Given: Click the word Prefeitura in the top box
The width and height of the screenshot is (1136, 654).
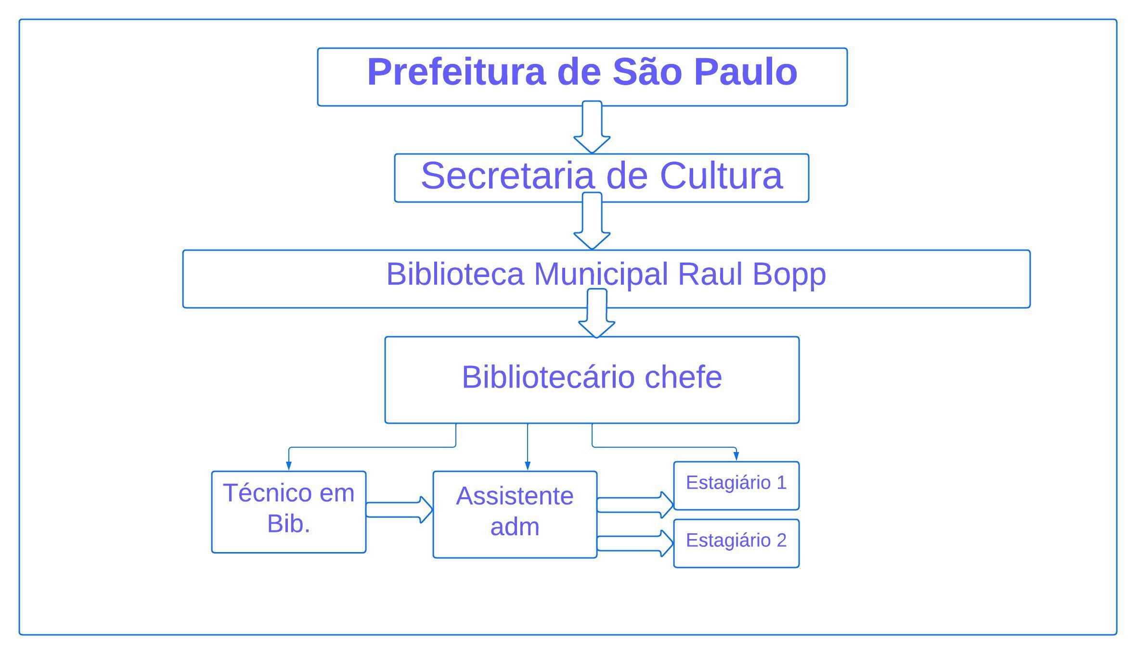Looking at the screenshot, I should [456, 72].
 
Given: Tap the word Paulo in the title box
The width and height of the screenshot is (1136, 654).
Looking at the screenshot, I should [746, 72].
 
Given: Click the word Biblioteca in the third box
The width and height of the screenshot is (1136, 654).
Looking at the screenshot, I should [455, 274].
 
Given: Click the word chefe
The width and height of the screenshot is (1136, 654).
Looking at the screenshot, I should [683, 377].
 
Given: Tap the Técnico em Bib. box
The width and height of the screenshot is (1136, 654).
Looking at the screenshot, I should [289, 512].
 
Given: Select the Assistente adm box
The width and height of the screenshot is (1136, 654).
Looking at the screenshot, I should [515, 514].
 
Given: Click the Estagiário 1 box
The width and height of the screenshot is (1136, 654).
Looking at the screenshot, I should [736, 485].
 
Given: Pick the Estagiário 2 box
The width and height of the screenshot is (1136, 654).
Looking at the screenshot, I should [736, 543].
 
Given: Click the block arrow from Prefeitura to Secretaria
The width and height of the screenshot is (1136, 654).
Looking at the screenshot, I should [592, 128].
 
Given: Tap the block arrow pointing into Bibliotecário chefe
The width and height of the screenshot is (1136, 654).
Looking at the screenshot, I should [597, 314].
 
